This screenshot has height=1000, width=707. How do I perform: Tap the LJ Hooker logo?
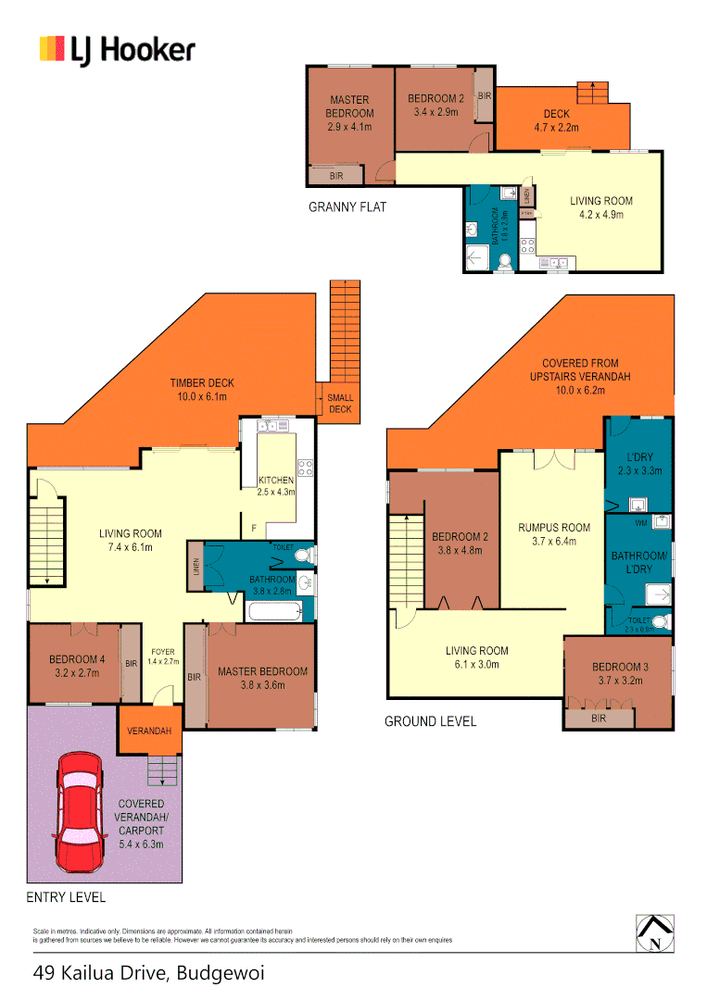pyautogui.click(x=117, y=49)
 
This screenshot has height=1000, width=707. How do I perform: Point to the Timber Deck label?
pyautogui.click(x=201, y=389)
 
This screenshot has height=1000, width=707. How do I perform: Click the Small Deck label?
pyautogui.click(x=340, y=404)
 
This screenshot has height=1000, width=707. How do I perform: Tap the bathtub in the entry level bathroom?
pyautogui.click(x=273, y=611)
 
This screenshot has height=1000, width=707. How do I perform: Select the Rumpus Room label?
pyautogui.click(x=553, y=535)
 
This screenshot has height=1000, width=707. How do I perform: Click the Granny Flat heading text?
pyautogui.click(x=347, y=207)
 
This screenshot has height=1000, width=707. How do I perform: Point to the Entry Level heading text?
pyautogui.click(x=66, y=897)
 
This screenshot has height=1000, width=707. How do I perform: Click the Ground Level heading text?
pyautogui.click(x=430, y=720)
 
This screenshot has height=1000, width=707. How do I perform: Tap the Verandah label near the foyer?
pyautogui.click(x=148, y=731)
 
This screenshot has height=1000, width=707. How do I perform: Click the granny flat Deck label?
pyautogui.click(x=556, y=121)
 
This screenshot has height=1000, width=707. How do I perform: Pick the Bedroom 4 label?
pyautogui.click(x=73, y=667)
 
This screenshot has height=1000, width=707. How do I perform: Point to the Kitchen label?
pyautogui.click(x=276, y=486)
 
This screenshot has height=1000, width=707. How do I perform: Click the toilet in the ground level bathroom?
pyautogui.click(x=659, y=621)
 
